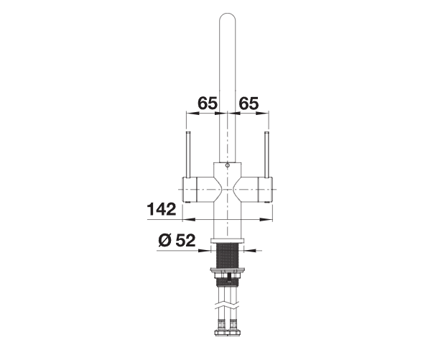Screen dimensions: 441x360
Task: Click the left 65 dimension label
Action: tap(208, 103)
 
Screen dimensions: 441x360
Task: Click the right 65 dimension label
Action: tap(249, 103)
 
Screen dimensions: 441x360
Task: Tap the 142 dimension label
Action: tap(162, 209)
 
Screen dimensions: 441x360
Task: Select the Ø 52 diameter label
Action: tap(177, 241)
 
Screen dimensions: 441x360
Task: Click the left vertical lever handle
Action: tap(188, 154)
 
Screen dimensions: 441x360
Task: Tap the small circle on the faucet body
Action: tap(228, 165)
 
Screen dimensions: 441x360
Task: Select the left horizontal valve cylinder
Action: tap(198, 190)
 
